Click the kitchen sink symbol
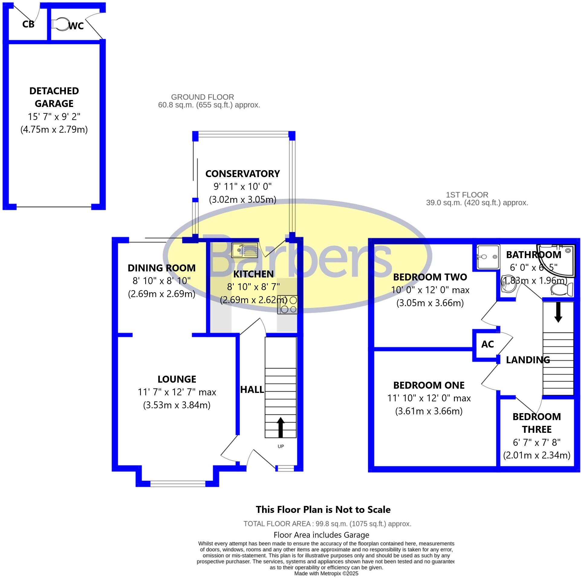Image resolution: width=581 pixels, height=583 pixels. pos(244,250)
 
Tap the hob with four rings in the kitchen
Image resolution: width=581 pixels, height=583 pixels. pos(287,305)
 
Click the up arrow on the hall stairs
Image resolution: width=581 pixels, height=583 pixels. pos(281,427)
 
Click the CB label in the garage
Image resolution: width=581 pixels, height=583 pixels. pos(28,24)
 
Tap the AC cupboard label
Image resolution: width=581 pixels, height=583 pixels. pos(487,344)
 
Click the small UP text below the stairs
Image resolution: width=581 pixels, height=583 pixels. pos(281,446)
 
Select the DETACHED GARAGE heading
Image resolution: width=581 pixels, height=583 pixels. pos(54,97)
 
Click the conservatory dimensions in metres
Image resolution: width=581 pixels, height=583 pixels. pos(242,200)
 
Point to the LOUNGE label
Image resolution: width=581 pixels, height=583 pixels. pos(177,379)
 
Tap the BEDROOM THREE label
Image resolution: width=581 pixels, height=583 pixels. pos(537,423)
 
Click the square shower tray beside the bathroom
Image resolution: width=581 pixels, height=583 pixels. pos(488,257)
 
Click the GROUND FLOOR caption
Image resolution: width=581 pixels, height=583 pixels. pos(202,97)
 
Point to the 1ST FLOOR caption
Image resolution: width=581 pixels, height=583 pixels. pos(467,195)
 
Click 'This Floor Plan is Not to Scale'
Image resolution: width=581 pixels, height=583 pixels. pos(323,510)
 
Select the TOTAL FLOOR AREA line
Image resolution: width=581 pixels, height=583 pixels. pos(327,524)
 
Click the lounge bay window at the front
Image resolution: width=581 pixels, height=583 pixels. pos(177,483)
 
